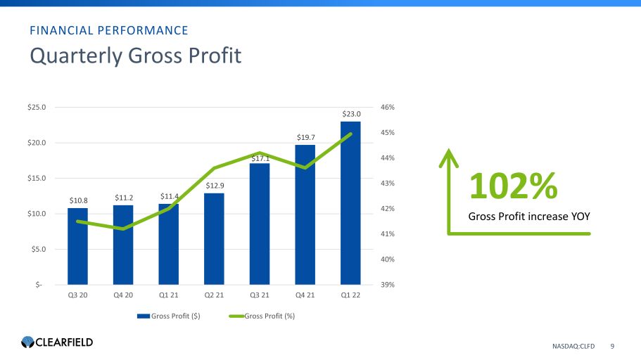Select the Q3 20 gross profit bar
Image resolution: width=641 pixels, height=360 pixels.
pyautogui.click(x=77, y=246)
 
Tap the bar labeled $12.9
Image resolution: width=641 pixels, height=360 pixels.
pyautogui.click(x=214, y=239)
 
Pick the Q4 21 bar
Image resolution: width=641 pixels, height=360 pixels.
pyautogui.click(x=305, y=214)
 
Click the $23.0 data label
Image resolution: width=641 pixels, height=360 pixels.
pyautogui.click(x=350, y=114)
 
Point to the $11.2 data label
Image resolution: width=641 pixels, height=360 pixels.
pyautogui.click(x=123, y=198)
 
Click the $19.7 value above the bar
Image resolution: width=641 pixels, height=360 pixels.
pyautogui.click(x=305, y=137)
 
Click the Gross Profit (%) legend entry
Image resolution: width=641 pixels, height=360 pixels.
pyautogui.click(x=264, y=316)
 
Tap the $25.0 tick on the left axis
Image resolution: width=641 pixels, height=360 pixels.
pyautogui.click(x=36, y=108)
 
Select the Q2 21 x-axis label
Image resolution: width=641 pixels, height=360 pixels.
pyautogui.click(x=214, y=295)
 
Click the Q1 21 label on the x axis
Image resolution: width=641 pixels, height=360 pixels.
pyautogui.click(x=168, y=295)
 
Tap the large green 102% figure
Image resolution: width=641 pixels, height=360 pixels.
pyautogui.click(x=513, y=186)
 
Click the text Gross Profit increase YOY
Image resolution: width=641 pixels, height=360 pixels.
pyautogui.click(x=528, y=216)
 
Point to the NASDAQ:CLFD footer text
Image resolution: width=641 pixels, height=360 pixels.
pyautogui.click(x=573, y=346)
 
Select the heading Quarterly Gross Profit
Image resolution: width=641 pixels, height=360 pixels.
pyautogui.click(x=135, y=56)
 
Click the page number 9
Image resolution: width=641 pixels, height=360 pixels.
pyautogui.click(x=612, y=346)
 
